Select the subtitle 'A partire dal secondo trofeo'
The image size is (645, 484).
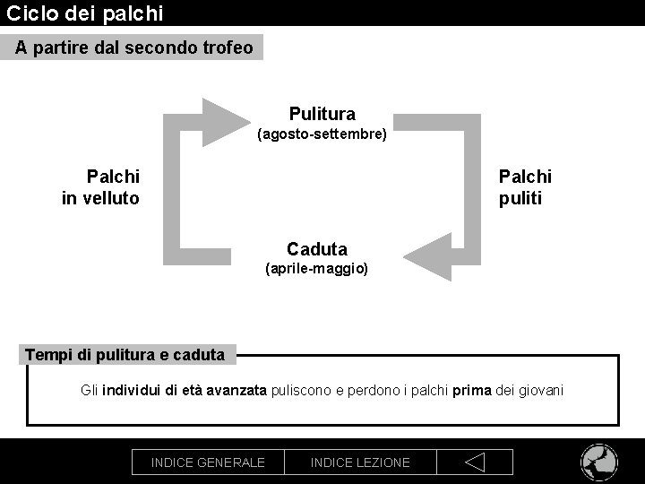(133, 48)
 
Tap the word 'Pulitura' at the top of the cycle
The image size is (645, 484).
(322, 114)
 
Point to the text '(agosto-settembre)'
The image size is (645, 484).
(322, 134)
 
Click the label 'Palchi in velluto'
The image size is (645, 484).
(100, 187)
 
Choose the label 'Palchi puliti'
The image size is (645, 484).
(525, 187)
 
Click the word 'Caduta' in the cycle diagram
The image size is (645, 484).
(317, 248)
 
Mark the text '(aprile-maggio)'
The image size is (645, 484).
(317, 268)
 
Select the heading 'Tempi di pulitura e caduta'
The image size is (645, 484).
(125, 355)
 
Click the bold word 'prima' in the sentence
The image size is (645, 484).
(472, 390)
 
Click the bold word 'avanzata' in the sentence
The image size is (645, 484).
(236, 390)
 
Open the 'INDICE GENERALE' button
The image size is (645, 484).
(208, 462)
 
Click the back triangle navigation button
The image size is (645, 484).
(475, 462)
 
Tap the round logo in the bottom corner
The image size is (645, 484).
(599, 462)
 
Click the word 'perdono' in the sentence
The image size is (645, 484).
(373, 390)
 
